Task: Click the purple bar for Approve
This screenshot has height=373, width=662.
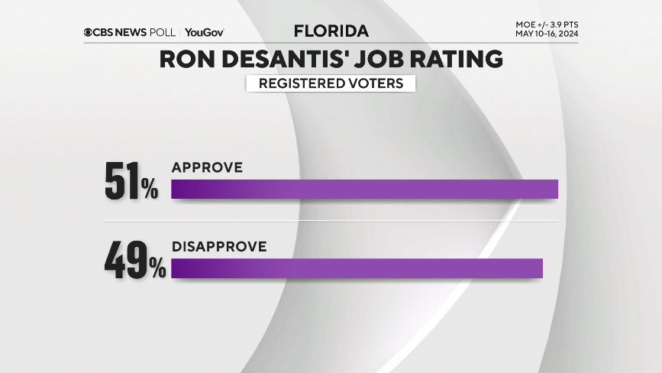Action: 364,189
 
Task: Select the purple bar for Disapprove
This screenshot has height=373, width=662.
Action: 357,268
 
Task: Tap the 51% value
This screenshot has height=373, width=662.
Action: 131,181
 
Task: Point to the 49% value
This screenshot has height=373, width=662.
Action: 134,260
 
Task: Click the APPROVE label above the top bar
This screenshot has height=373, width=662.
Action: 207,167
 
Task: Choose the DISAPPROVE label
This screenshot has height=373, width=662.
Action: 219,247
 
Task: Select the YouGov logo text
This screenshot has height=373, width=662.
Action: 204,32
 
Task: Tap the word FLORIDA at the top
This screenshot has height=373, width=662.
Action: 331,31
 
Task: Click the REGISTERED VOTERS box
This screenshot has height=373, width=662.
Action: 331,83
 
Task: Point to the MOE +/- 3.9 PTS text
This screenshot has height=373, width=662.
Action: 547,25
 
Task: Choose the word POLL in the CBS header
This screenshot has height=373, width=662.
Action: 164,32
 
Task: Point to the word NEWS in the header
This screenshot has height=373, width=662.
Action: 132,32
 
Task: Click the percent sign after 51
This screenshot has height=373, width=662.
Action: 149,189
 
